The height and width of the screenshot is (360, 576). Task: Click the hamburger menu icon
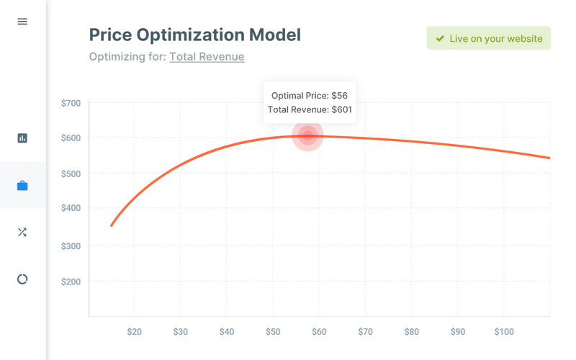point(22,22)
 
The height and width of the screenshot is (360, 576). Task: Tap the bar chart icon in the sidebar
point(22,138)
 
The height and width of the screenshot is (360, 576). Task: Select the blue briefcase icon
point(22,186)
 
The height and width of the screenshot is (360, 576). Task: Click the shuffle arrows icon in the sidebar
point(22,232)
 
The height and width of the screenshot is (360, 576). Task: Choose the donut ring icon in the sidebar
point(22,279)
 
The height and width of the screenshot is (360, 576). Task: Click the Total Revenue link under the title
point(207,57)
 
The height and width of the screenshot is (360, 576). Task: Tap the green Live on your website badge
point(488,38)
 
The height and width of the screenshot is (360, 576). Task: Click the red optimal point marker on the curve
point(308,135)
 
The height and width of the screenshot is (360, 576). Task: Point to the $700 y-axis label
point(71,103)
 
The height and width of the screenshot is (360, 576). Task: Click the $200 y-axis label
point(71,282)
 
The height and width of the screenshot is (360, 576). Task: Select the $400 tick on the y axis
point(71,208)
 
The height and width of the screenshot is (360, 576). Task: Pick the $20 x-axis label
point(134,332)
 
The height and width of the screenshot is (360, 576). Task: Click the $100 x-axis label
point(503,332)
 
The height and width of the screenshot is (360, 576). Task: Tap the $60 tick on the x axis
point(319,332)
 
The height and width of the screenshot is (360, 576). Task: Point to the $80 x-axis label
point(411,332)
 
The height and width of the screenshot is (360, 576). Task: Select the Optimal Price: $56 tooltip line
point(310,95)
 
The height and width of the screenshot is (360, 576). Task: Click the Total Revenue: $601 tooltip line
point(310,109)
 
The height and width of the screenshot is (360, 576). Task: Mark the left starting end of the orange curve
point(112,225)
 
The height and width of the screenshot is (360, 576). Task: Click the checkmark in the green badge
point(440,38)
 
